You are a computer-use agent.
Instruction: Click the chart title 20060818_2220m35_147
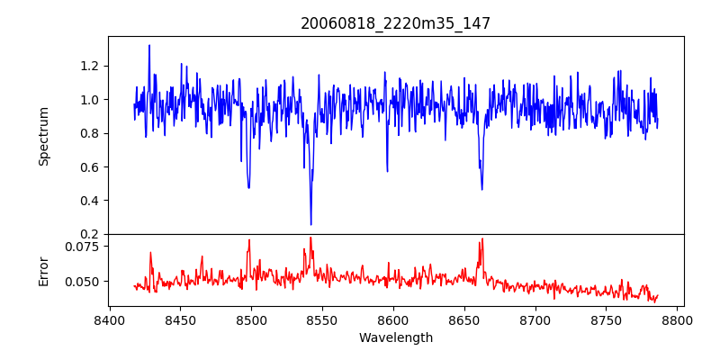395,23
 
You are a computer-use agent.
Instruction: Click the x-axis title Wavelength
395,338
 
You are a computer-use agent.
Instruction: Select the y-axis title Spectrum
43,135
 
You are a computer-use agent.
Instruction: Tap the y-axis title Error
43,269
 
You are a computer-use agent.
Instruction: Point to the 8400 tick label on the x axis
109,320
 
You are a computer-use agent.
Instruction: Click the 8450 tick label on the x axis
180,320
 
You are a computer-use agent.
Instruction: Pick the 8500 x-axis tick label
251,320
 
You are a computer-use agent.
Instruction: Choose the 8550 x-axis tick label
322,320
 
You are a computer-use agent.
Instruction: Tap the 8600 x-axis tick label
393,320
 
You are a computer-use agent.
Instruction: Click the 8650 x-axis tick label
464,320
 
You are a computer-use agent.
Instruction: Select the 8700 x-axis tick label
535,320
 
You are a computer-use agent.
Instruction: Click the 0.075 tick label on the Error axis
85,246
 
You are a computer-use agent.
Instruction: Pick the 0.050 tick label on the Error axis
85,281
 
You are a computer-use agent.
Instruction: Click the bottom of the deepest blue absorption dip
311,224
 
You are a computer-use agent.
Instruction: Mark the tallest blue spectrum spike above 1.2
149,46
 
